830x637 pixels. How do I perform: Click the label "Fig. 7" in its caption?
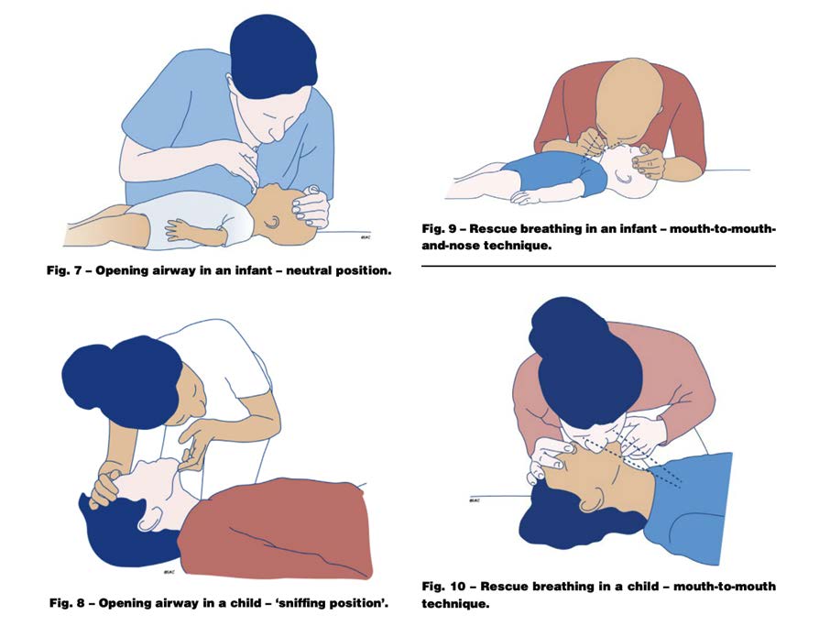coord(63,270)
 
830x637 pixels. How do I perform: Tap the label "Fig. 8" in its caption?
coord(67,603)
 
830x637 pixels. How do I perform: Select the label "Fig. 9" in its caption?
coord(440,229)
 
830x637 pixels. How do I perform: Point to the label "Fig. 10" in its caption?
coord(444,587)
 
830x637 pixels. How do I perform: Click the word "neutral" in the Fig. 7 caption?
coord(309,270)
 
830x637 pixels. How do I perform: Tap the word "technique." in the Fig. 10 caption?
coord(455,604)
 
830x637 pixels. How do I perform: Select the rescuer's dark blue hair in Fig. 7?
coord(273,57)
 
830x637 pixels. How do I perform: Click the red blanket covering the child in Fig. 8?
coord(275,530)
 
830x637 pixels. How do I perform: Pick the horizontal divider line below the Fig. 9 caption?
coord(598,266)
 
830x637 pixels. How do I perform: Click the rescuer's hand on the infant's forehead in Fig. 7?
coord(311,207)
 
